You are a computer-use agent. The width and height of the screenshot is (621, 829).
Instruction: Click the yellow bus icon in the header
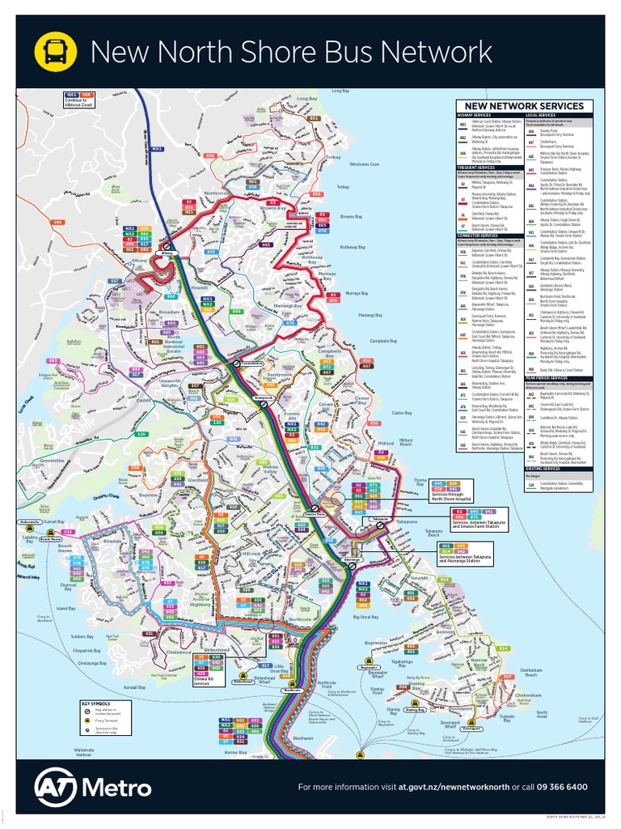point(55,52)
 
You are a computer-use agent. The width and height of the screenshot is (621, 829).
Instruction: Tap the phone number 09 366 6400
point(558,786)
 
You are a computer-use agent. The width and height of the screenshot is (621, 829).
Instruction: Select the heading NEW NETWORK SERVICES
point(522,106)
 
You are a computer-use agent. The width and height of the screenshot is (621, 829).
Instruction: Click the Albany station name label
point(167,253)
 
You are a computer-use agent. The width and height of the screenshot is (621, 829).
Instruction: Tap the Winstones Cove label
point(364,164)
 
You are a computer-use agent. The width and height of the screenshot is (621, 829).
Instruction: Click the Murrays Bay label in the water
point(357,292)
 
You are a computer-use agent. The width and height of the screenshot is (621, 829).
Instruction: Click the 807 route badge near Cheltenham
point(508,676)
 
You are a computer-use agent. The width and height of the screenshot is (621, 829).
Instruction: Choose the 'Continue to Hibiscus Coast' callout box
point(80,100)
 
